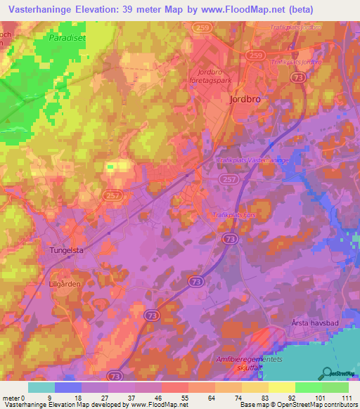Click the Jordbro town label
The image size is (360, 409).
pyautogui.click(x=245, y=99)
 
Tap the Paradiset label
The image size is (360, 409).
pyautogui.click(x=67, y=38)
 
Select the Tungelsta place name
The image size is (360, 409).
pyautogui.click(x=70, y=249)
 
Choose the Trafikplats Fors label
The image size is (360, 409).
pyautogui.click(x=235, y=215)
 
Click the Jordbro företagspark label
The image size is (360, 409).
pyautogui.click(x=214, y=76)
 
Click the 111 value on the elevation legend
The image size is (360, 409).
pyautogui.click(x=347, y=397)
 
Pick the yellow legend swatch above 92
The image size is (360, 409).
pyautogui.click(x=281, y=387)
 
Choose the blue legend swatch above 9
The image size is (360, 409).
pyautogui.click(x=68, y=387)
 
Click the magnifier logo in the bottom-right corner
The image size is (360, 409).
pyautogui.click(x=326, y=373)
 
